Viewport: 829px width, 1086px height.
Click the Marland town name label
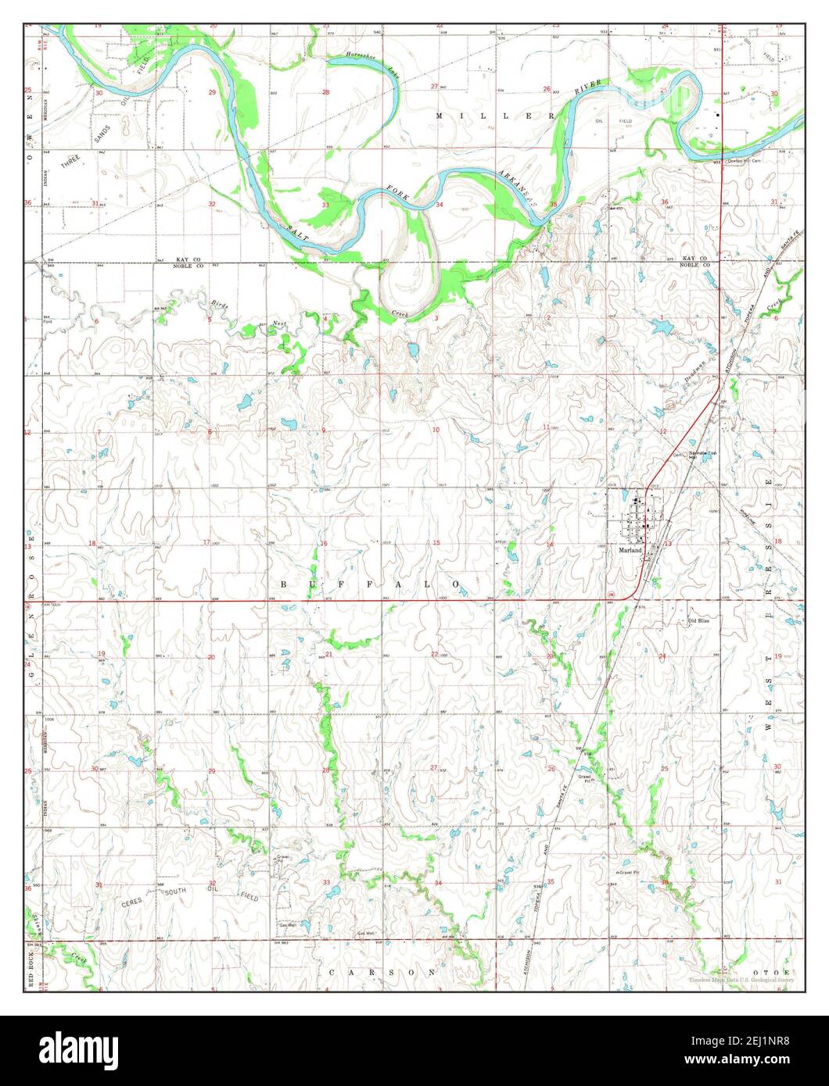630,550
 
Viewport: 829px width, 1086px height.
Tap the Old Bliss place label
698,621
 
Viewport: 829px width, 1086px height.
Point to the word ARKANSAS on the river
517,187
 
